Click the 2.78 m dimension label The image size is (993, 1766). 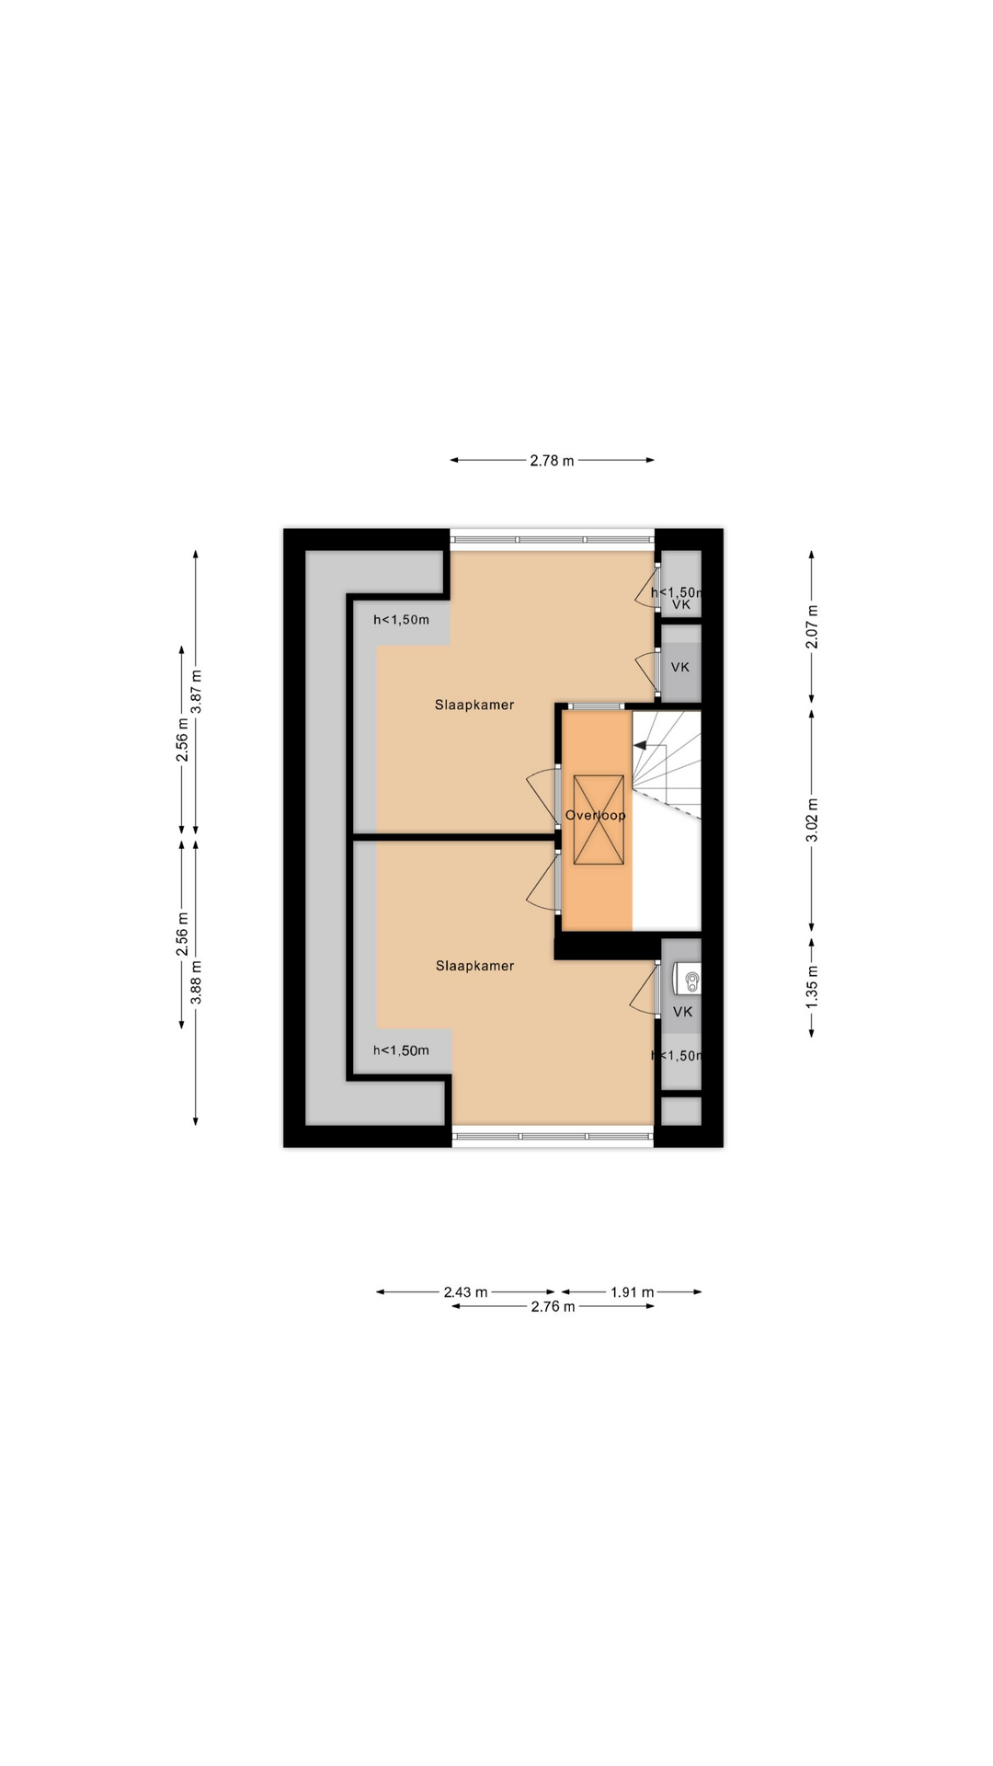tap(552, 461)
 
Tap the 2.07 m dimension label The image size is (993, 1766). tap(813, 625)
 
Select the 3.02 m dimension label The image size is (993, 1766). tap(813, 820)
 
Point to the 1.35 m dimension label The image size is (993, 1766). tap(813, 986)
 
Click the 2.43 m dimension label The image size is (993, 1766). tap(465, 1292)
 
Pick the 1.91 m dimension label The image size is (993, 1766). tap(633, 1292)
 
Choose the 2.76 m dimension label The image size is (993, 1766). tap(553, 1307)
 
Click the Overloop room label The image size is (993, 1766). tap(596, 816)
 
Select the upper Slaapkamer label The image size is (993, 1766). tap(474, 705)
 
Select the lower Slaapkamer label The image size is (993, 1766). tap(474, 966)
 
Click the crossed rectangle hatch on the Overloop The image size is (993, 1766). tap(599, 820)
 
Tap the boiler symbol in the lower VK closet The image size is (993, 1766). tap(687, 979)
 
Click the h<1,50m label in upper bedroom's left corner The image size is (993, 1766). tap(401, 620)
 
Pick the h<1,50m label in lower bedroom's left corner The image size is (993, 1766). tap(401, 1050)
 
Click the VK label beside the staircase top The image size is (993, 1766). tap(680, 667)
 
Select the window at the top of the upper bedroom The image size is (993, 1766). tap(552, 540)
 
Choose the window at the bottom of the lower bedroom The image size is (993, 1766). tap(553, 1137)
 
